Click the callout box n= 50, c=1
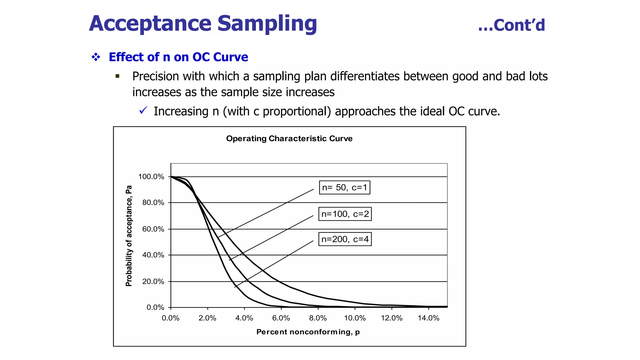(344, 187)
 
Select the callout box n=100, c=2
(345, 214)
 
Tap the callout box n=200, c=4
(345, 239)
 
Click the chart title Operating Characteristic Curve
(289, 139)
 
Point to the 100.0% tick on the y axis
(151, 177)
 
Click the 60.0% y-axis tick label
(153, 229)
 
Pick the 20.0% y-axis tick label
(153, 282)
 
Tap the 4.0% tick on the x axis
(244, 318)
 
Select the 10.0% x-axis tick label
(355, 318)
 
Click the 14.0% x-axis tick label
(428, 318)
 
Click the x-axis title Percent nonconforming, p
(308, 332)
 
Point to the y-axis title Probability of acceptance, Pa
(129, 236)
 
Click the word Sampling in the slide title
(267, 24)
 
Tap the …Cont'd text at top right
(511, 25)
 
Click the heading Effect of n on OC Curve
(178, 57)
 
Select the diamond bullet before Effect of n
(96, 57)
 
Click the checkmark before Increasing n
(143, 110)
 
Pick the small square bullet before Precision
(117, 76)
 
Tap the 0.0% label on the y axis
(155, 307)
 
